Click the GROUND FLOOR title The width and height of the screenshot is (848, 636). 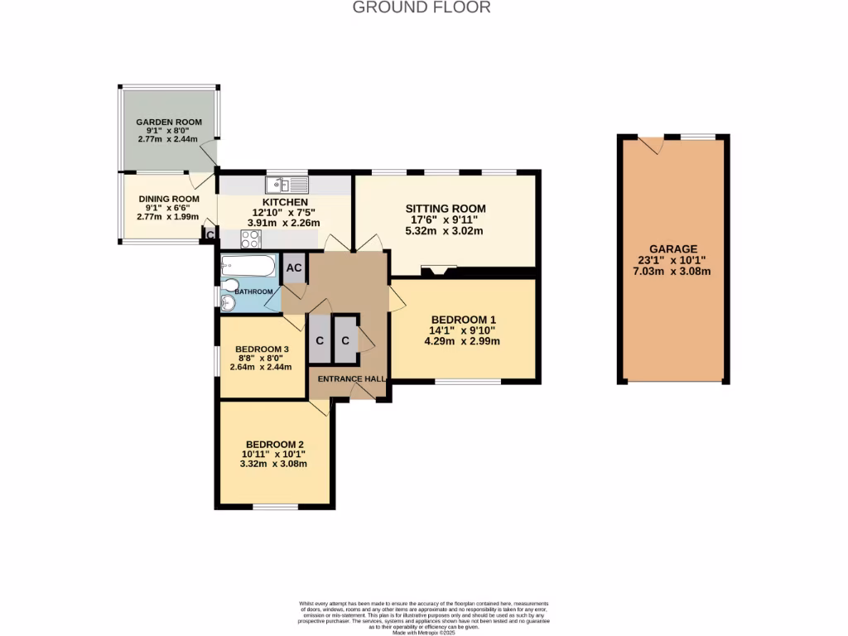click(x=422, y=7)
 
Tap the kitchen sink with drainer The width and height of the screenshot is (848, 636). click(x=287, y=184)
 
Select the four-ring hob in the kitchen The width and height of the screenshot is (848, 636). click(x=250, y=239)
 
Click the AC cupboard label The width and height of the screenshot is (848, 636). click(x=294, y=268)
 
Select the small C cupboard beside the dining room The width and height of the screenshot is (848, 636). click(x=210, y=235)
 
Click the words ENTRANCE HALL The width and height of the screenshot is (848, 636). click(x=348, y=379)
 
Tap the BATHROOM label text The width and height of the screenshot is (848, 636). click(x=253, y=291)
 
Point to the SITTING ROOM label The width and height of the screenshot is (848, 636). click(x=445, y=208)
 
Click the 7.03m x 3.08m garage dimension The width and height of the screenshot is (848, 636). click(x=672, y=272)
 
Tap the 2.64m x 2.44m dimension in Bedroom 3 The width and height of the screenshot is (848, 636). click(x=260, y=368)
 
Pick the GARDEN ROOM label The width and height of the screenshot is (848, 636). click(x=169, y=122)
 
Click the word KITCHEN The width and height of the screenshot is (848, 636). click(x=285, y=202)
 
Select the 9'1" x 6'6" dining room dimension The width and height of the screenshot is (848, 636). click(x=168, y=208)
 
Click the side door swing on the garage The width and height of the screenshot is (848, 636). click(x=655, y=145)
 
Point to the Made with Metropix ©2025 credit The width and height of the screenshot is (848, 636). click(x=423, y=633)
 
